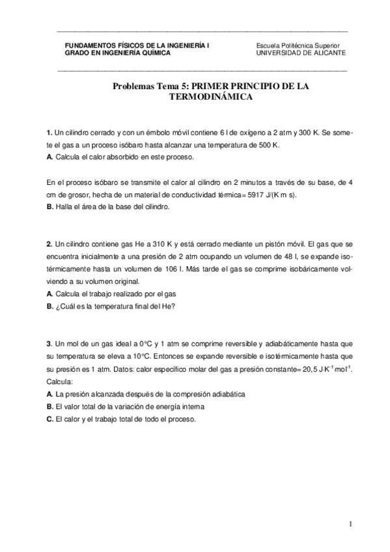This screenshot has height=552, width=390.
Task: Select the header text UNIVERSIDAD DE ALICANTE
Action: click(x=301, y=53)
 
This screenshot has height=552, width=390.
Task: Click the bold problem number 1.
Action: click(x=49, y=133)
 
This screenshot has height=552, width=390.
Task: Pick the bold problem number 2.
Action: click(x=49, y=245)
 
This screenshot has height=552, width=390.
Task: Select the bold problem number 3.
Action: click(x=49, y=344)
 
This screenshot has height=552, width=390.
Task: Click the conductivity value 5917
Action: click(x=272, y=195)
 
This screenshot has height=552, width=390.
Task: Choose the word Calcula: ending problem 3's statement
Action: click(x=61, y=381)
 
